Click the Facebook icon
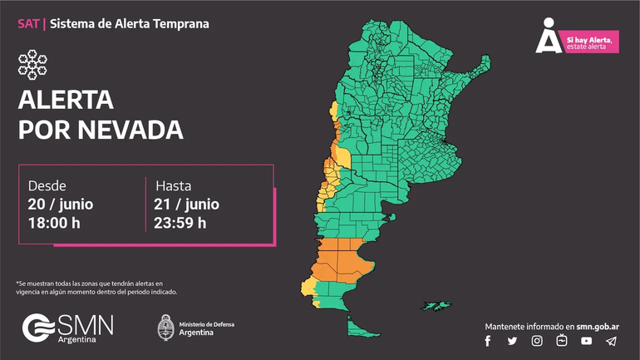[488, 341]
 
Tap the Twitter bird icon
[512, 341]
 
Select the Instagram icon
[537, 341]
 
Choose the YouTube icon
[587, 341]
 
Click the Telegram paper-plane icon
[611, 341]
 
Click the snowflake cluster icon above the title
[32, 65]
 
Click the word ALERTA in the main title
[66, 101]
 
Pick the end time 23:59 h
[180, 222]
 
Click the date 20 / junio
[61, 204]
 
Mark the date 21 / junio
[186, 204]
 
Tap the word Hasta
[173, 185]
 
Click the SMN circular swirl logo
[38, 328]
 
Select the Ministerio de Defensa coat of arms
[165, 327]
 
